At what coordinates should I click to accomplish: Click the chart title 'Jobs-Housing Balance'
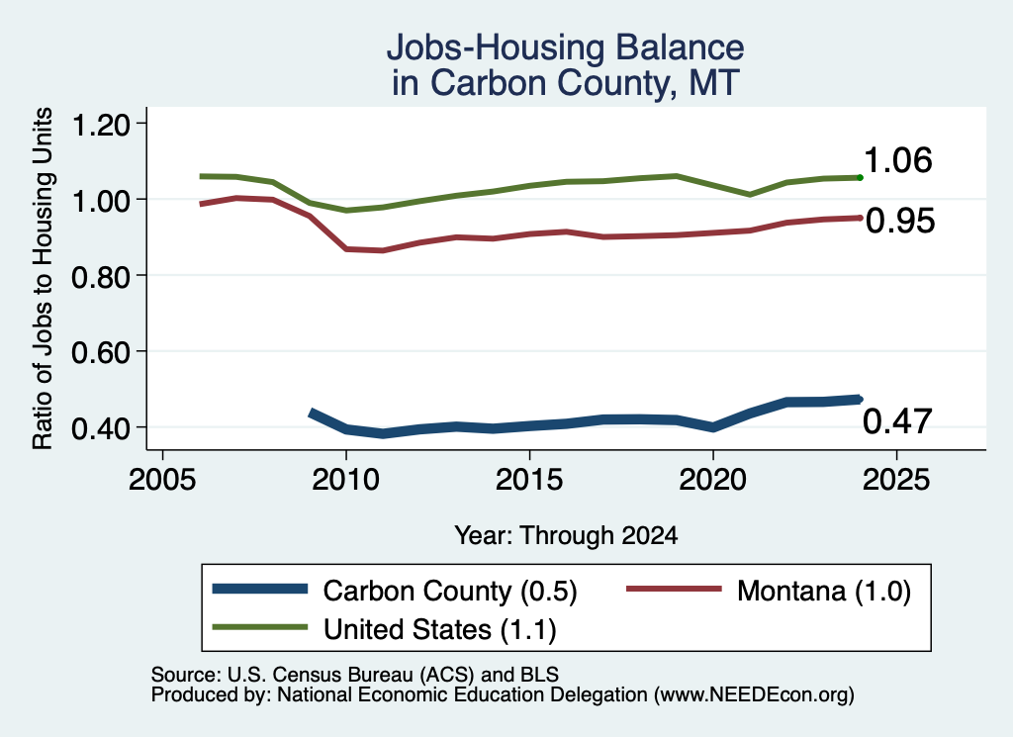coord(565,47)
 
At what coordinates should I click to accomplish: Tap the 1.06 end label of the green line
coord(898,160)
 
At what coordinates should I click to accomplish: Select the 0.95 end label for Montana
coord(900,221)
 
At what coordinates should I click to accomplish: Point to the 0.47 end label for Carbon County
coord(897,421)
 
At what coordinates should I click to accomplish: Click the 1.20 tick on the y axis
coord(101,124)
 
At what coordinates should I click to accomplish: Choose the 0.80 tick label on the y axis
coord(101,276)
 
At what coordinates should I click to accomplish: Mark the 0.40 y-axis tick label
coord(101,427)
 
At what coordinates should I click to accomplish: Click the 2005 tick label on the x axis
coord(163,480)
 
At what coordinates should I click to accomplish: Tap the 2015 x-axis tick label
coord(529,480)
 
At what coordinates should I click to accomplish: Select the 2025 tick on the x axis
coord(896,480)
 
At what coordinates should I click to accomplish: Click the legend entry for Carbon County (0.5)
coord(395,591)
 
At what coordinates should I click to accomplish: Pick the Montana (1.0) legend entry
coord(769,591)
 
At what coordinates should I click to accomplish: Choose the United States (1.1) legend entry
coord(385,628)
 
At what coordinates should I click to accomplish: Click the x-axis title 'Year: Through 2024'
coord(566,535)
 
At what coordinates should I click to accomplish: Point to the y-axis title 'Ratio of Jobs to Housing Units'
coord(43,278)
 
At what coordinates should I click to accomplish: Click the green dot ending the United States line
coord(860,177)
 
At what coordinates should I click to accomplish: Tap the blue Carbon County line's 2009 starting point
coord(312,413)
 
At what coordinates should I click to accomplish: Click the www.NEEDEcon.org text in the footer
coord(754,695)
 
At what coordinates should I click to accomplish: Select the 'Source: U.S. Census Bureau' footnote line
coord(355,675)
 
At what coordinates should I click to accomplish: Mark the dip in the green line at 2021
coord(750,194)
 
